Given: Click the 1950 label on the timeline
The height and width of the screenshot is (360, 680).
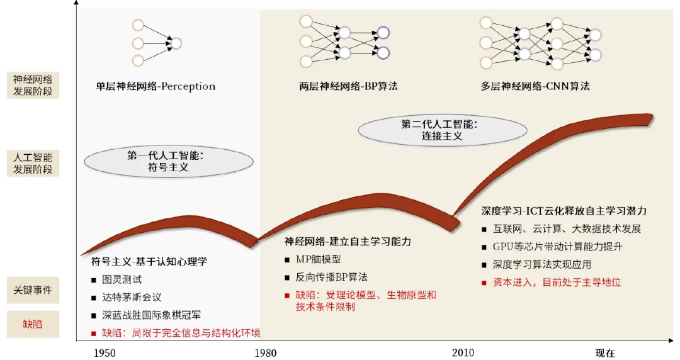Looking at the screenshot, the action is tap(105, 352).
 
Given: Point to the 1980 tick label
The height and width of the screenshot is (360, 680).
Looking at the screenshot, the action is tap(266, 352).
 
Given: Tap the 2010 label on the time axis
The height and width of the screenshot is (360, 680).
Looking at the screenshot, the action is tap(463, 352).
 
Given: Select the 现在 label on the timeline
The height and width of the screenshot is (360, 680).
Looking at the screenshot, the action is tap(604, 352).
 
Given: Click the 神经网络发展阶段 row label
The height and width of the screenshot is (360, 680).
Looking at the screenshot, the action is tap(33, 86).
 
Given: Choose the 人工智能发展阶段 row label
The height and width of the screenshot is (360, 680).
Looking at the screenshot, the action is tap(33, 162).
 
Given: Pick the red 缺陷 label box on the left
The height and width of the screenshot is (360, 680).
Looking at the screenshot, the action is tap(33, 324).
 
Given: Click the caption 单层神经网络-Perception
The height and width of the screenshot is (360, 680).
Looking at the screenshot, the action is tap(156, 86).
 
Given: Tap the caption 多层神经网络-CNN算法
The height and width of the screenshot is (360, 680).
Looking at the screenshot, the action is tap(535, 86).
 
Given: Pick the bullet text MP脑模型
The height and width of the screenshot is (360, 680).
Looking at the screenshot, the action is tap(318, 259).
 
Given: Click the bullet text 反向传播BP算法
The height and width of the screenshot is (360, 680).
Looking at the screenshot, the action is tap(331, 277).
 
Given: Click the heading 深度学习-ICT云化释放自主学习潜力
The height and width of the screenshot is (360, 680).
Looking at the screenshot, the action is tap(564, 211).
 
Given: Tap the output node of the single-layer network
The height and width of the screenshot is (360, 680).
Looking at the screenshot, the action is tap(176, 43).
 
